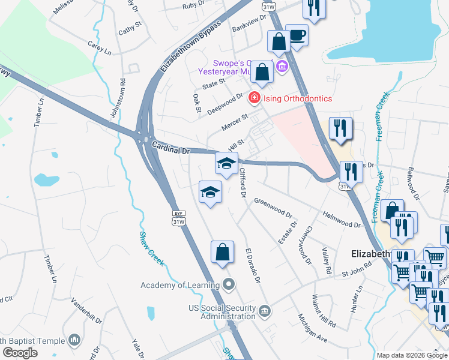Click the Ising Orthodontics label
[x=297, y=98]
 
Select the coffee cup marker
[x=297, y=35]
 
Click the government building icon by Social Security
[x=265, y=311]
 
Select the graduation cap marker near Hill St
[x=226, y=163]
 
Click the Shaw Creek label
[x=152, y=248]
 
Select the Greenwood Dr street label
[x=273, y=209]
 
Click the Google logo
[x=20, y=353]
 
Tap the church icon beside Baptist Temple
[x=74, y=340]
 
